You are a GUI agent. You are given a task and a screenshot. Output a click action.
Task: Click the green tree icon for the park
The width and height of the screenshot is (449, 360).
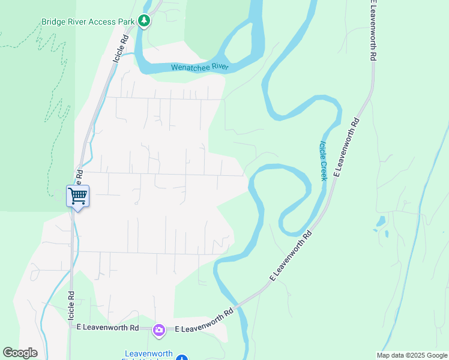(144, 22)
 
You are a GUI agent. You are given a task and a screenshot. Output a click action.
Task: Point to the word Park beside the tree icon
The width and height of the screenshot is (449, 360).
(126, 22)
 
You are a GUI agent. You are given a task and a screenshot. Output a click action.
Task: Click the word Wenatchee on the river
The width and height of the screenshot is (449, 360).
(190, 68)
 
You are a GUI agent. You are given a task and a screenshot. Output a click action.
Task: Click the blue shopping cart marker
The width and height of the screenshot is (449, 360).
(77, 195)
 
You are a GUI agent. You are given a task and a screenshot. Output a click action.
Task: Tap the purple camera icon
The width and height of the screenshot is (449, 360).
(158, 329)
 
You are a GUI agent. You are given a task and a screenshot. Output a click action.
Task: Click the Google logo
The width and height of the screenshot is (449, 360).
(20, 353)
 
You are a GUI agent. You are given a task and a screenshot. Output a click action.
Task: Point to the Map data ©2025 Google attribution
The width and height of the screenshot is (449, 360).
(412, 355)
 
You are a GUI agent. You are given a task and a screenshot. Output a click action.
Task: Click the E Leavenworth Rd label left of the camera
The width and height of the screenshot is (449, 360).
(108, 328)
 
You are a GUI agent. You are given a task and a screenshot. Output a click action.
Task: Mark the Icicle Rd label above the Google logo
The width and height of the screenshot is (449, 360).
(71, 305)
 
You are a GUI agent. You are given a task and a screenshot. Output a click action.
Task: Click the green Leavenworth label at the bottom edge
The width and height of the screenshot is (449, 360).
(149, 354)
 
